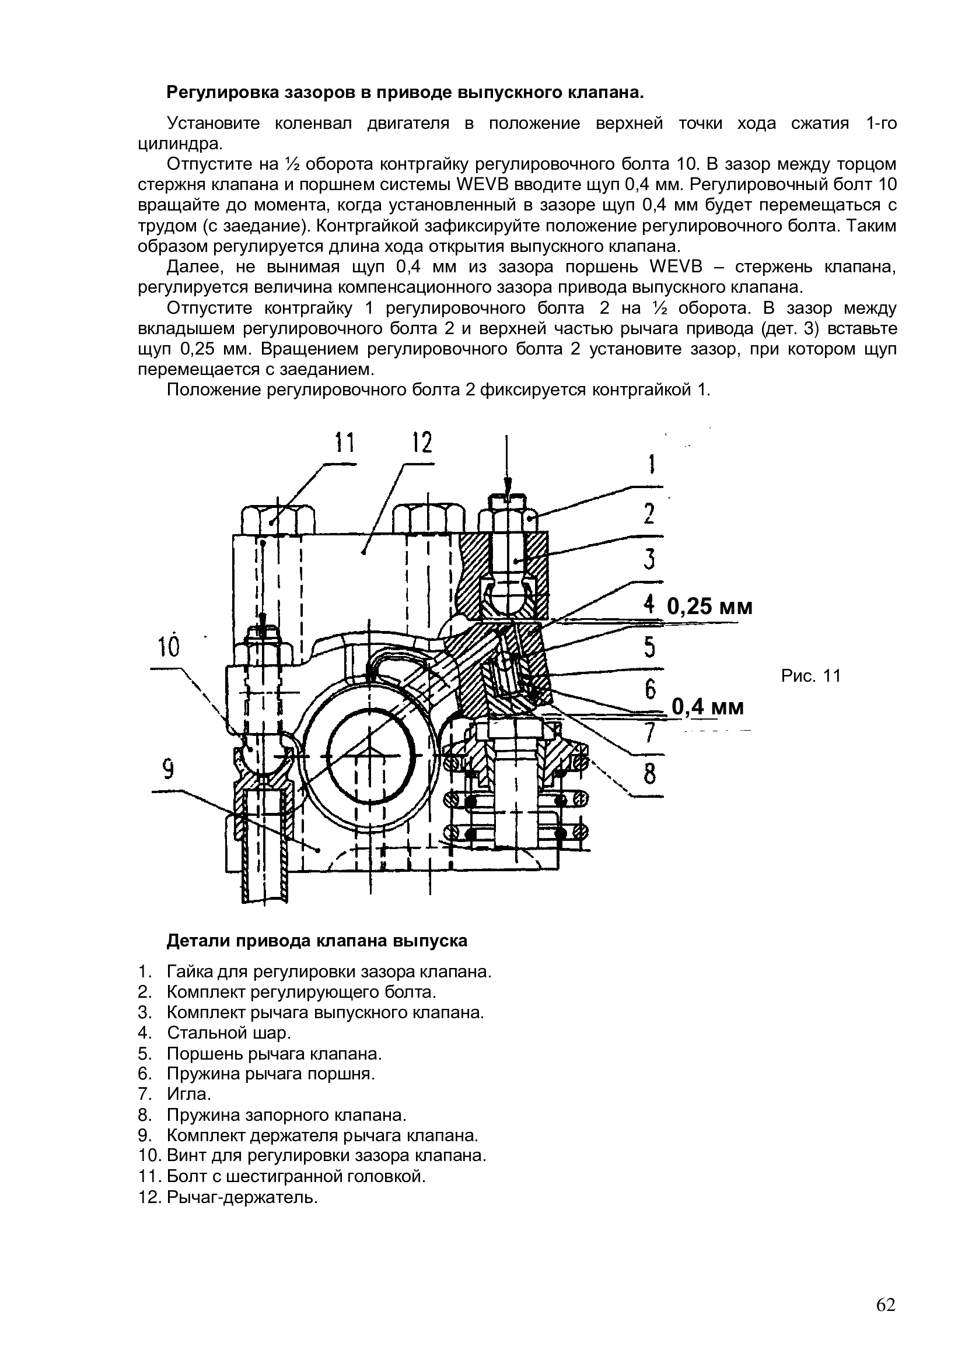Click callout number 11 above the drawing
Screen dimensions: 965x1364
point(345,442)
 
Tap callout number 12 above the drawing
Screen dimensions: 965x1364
point(422,442)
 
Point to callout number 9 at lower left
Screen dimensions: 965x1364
point(169,770)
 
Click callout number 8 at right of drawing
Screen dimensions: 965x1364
point(651,774)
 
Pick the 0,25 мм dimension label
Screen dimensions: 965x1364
point(709,606)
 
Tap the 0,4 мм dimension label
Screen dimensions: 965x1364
point(708,707)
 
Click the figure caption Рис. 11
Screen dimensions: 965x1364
point(811,675)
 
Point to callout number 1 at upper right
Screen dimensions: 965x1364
point(651,464)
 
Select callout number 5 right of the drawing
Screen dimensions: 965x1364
point(651,647)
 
